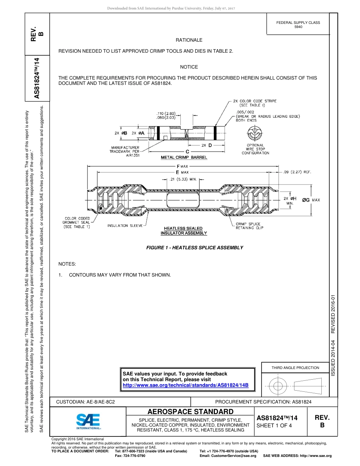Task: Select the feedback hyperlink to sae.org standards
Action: [x=185, y=385]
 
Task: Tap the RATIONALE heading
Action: [x=189, y=40]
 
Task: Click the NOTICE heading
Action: [x=189, y=67]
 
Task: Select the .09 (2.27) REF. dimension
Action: [x=297, y=172]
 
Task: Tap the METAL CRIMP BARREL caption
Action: [x=184, y=157]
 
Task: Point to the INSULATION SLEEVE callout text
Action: [x=125, y=226]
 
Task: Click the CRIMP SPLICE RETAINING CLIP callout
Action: [x=249, y=226]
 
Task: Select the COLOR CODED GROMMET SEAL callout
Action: [x=77, y=223]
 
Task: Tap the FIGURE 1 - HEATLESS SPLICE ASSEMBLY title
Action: [x=194, y=247]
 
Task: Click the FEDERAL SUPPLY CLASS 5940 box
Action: [x=298, y=25]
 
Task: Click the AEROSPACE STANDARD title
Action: [x=190, y=411]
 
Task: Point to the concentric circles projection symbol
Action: [x=278, y=386]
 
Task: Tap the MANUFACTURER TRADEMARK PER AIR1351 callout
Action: [x=124, y=151]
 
